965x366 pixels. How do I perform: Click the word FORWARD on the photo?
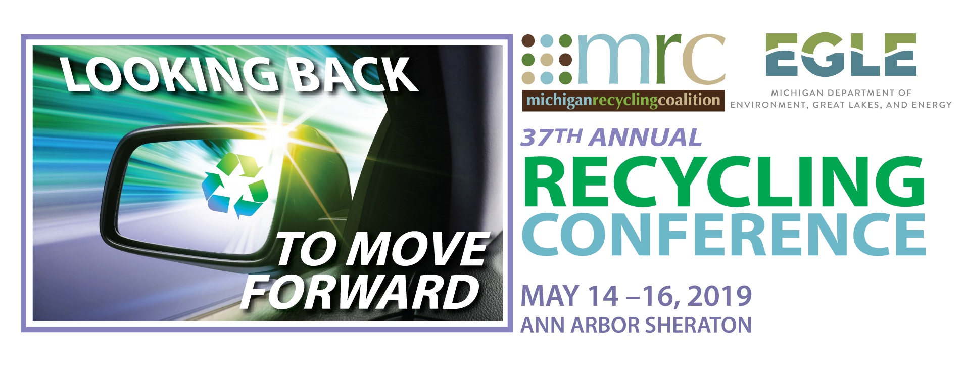click(x=360, y=292)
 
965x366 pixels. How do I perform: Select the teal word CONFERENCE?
click(x=723, y=235)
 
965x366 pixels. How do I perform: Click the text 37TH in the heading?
click(x=551, y=138)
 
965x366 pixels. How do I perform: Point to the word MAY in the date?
click(x=550, y=296)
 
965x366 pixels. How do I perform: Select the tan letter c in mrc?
click(x=703, y=60)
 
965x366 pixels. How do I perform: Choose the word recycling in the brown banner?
click(x=625, y=101)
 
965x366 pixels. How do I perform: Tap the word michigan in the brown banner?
click(x=559, y=101)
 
